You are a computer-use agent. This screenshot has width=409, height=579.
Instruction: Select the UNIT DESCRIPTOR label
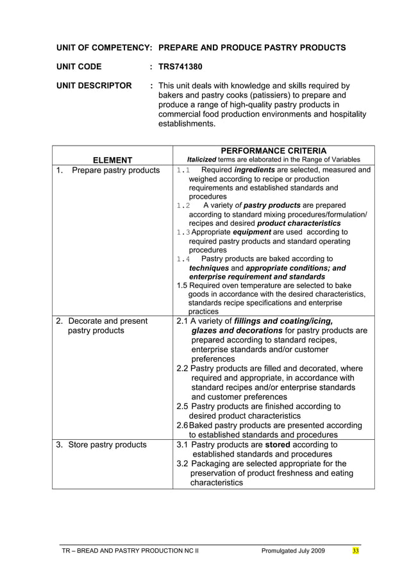click(x=94, y=85)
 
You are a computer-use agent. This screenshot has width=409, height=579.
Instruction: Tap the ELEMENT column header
click(x=112, y=160)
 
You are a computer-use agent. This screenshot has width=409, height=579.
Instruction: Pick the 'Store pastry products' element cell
click(x=107, y=444)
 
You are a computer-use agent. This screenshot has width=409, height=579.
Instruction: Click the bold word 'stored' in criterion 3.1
click(x=279, y=444)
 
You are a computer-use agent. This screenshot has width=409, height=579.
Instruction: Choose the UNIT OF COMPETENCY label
click(x=103, y=47)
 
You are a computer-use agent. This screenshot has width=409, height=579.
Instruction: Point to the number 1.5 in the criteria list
click(x=181, y=285)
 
